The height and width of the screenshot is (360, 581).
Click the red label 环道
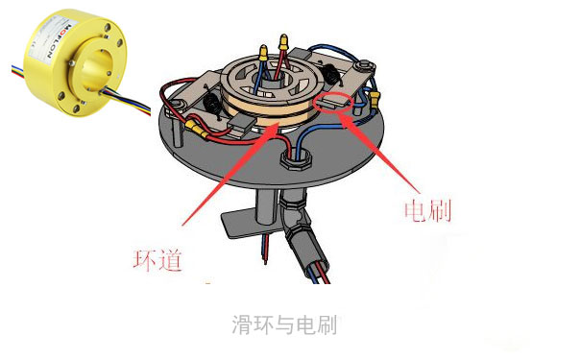(157, 259)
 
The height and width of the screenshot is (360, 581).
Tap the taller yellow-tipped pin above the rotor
(285, 42)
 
